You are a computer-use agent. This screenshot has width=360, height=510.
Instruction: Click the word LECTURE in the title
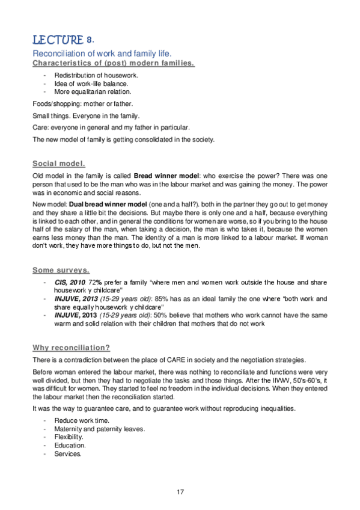[x=58, y=40]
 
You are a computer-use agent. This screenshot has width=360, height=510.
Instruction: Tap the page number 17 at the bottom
[x=180, y=492]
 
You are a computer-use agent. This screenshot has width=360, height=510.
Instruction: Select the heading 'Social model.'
[x=59, y=163]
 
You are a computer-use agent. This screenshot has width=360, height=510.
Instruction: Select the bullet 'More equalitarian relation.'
[x=93, y=92]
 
